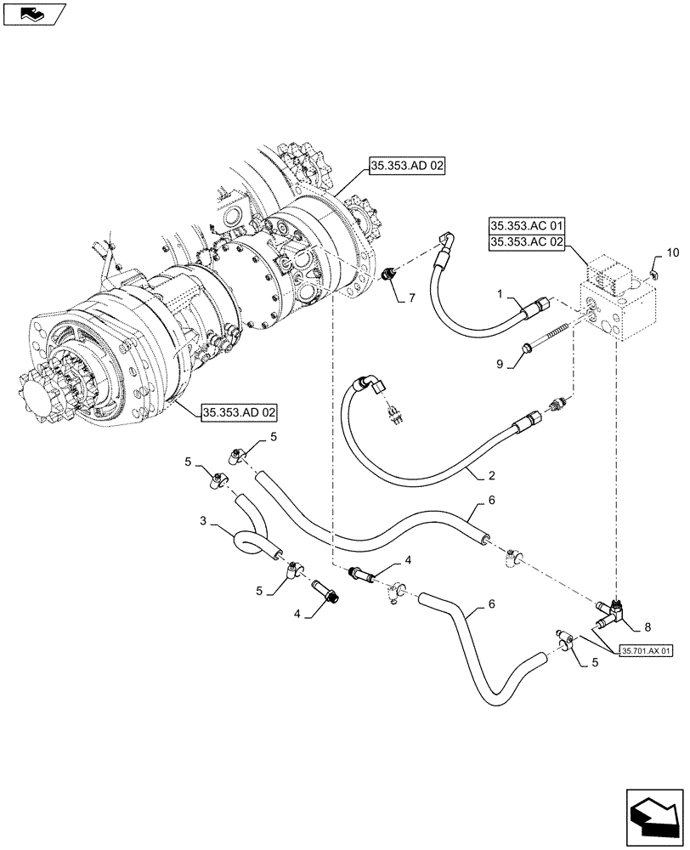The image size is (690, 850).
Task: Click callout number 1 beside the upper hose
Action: (x=502, y=295)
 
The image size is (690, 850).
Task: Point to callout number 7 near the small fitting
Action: (x=411, y=298)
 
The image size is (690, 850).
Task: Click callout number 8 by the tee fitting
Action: (x=648, y=628)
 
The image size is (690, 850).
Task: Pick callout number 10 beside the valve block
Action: (x=673, y=253)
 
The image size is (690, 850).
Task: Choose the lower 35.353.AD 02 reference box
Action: (x=240, y=414)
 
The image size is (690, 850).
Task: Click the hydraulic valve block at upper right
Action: (x=616, y=297)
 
